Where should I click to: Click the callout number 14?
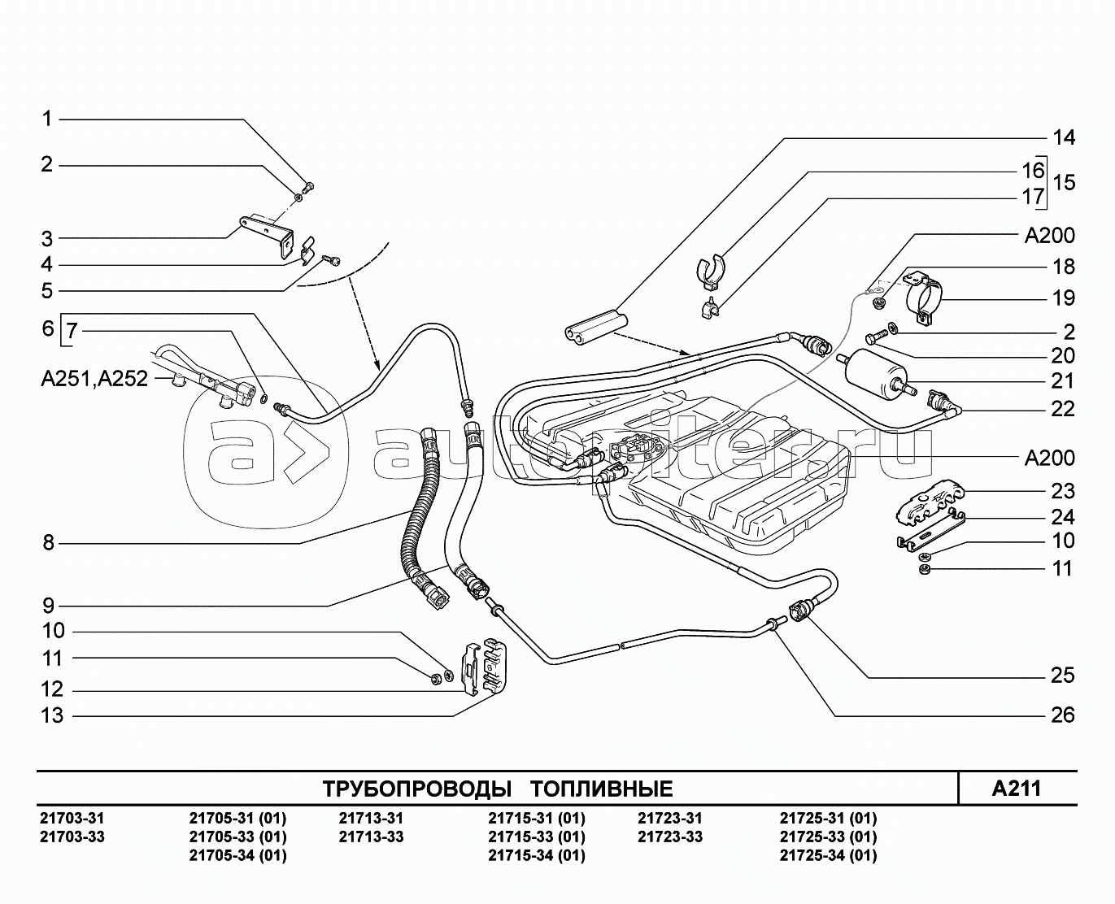pyautogui.click(x=1063, y=138)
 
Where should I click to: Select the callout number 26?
pyautogui.click(x=1063, y=715)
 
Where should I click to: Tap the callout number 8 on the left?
pyautogui.click(x=48, y=543)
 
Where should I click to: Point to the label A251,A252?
pyautogui.click(x=94, y=379)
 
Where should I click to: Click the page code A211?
pyautogui.click(x=1017, y=789)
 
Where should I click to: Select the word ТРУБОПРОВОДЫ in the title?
pyautogui.click(x=417, y=789)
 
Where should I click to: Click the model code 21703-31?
pyautogui.click(x=72, y=819)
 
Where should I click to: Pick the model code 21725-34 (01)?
pyautogui.click(x=828, y=855)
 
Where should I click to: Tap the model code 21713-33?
pyautogui.click(x=370, y=837)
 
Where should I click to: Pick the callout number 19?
pyautogui.click(x=1063, y=298)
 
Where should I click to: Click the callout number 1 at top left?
pyautogui.click(x=47, y=120)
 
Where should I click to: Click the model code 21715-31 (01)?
pyautogui.click(x=536, y=819)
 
